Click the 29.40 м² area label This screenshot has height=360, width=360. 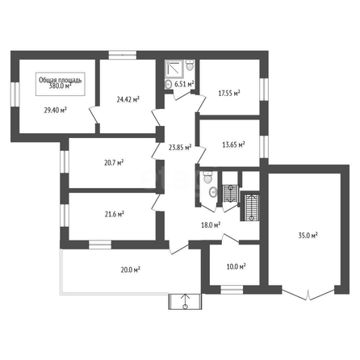tap(56, 111)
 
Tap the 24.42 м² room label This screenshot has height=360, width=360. tap(128, 99)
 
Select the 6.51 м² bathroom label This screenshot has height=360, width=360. tap(185, 84)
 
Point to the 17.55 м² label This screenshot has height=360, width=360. tap(229, 94)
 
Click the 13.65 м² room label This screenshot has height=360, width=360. tap(233, 144)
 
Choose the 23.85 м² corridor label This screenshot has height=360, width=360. tap(180, 147)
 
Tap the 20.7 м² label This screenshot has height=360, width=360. tap(114, 162)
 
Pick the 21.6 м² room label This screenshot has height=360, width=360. tap(115, 214)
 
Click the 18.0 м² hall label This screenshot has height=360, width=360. tap(211, 225)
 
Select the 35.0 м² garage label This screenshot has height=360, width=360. tap(308, 236)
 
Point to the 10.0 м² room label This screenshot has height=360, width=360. tap(237, 266)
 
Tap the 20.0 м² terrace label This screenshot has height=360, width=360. tap(131, 270)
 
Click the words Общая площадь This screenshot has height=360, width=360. tap(61, 80)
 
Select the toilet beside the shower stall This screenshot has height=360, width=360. tap(190, 65)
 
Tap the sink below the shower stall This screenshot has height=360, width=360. tap(168, 84)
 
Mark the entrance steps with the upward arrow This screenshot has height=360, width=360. tap(185, 302)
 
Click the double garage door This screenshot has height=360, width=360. tap(308, 294)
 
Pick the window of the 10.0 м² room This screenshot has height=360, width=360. tap(232, 290)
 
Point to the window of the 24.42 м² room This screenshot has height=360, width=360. tap(123, 55)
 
